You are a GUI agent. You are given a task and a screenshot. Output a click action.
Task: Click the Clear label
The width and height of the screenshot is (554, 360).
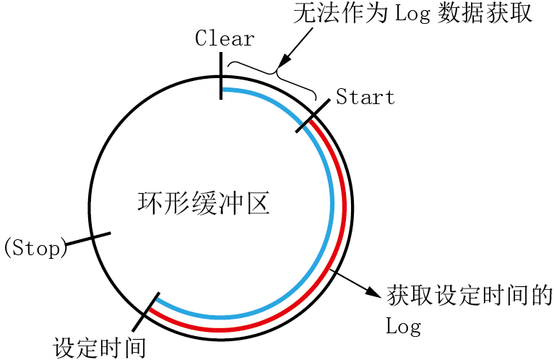coord(225,39)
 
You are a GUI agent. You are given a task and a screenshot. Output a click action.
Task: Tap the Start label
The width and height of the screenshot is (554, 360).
coord(365,98)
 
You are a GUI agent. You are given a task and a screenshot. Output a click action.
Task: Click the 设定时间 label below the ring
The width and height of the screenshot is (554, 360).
coord(100,347)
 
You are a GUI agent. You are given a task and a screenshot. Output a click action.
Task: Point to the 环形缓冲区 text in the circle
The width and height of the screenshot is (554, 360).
coord(204,202)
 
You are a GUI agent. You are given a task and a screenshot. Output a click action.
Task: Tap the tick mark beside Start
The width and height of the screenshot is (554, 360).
coord(313,113)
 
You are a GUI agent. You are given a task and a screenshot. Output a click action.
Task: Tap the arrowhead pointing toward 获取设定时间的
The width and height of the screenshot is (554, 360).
coord(373,292)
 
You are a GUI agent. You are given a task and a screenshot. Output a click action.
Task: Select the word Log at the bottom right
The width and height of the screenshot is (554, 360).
coord(404,327)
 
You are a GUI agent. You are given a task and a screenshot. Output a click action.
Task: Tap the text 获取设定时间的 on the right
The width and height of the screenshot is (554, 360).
coord(469,296)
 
